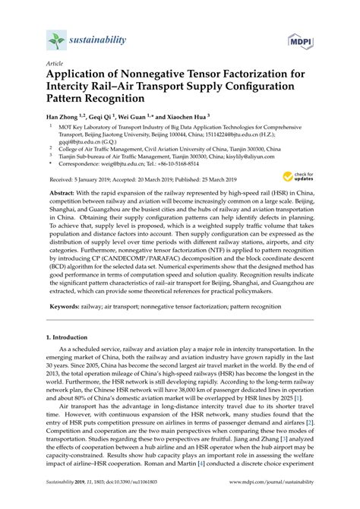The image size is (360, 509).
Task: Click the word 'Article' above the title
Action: (x=55, y=66)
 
